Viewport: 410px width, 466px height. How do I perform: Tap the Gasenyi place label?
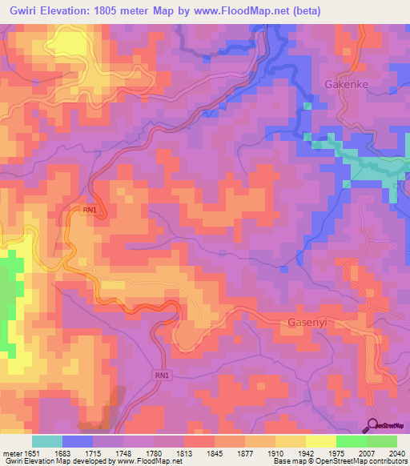pyautogui.click(x=307, y=323)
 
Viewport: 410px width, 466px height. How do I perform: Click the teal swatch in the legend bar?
pyautogui.click(x=47, y=441)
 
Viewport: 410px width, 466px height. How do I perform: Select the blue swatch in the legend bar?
pyautogui.click(x=78, y=441)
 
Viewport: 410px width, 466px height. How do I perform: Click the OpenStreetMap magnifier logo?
pyautogui.click(x=373, y=425)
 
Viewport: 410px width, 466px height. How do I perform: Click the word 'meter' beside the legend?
pyautogui.click(x=12, y=454)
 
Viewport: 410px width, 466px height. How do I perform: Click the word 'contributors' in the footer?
pyautogui.click(x=390, y=462)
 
